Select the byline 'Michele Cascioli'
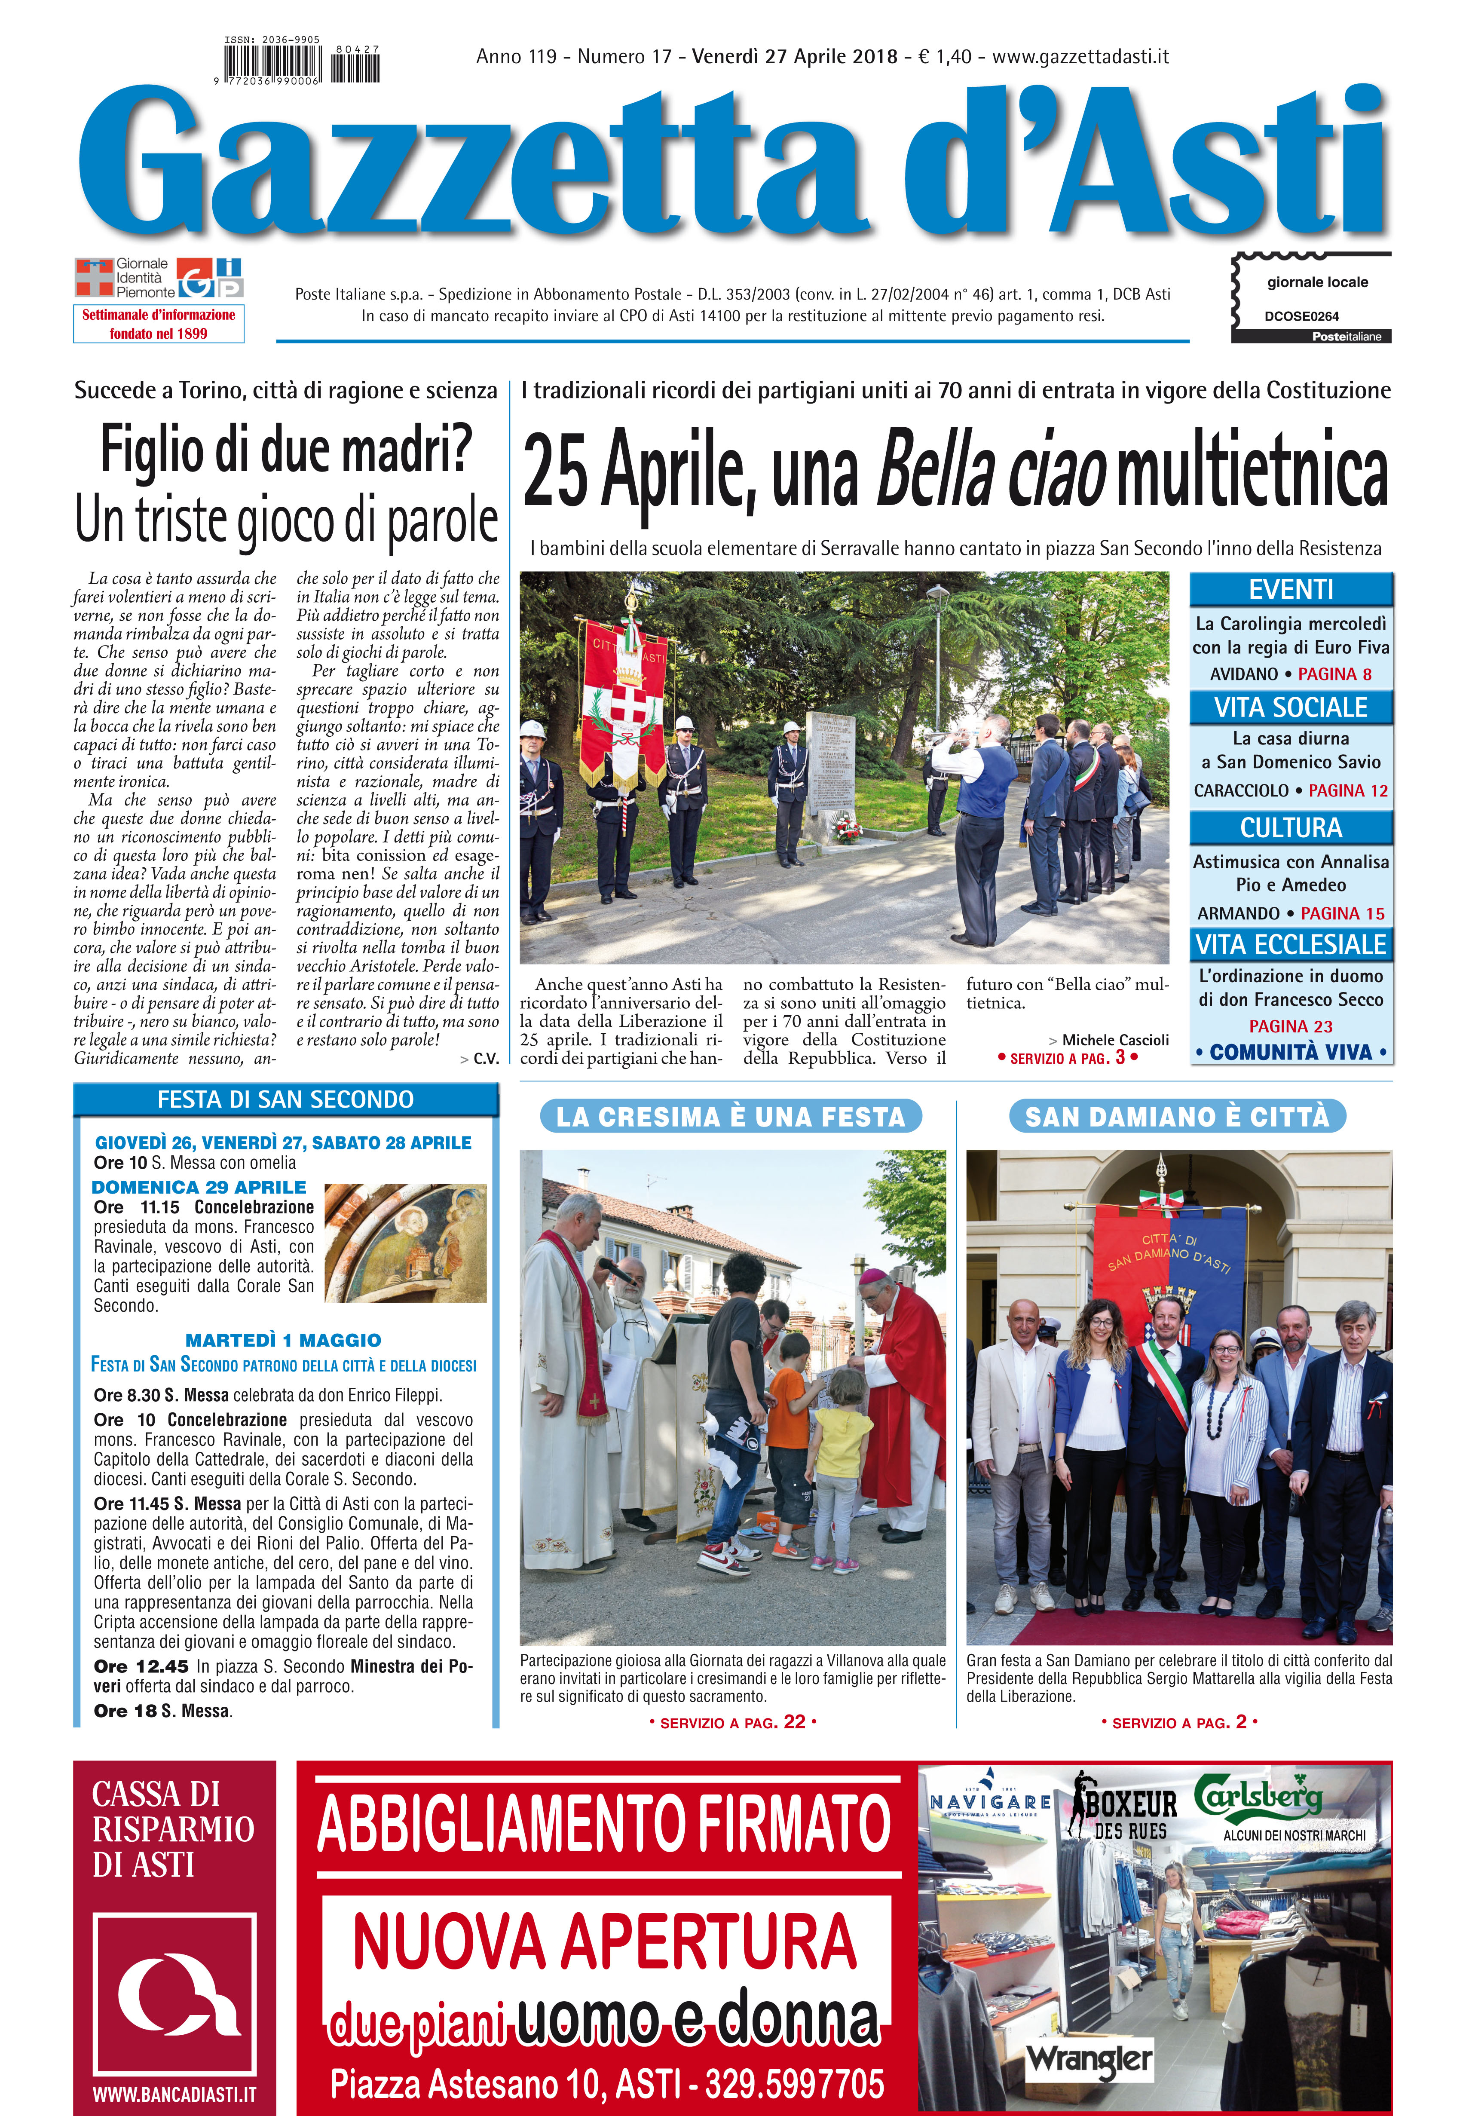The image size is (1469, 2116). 1114,1040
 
